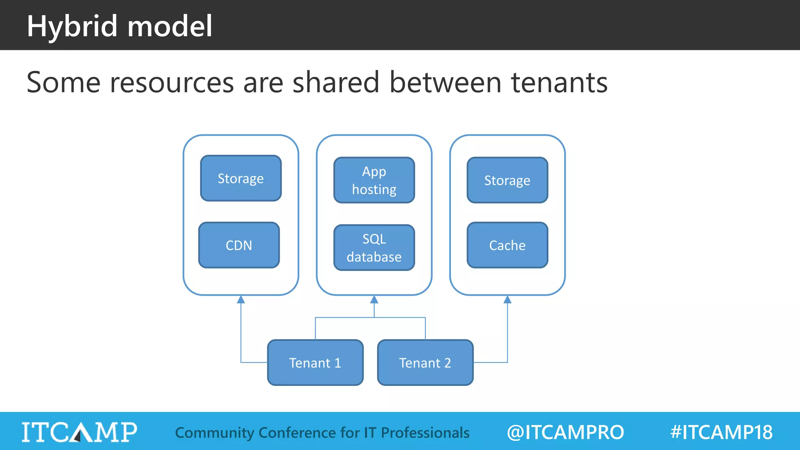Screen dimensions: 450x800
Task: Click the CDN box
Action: click(239, 245)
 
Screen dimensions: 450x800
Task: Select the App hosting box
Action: click(374, 180)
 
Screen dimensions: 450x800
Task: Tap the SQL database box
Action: click(374, 248)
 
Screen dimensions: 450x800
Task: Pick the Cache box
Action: click(507, 245)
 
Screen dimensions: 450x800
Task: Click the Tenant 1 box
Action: click(315, 363)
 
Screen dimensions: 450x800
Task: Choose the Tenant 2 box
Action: click(425, 363)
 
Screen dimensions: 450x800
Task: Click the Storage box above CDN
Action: click(241, 179)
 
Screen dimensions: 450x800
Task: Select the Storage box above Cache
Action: click(507, 180)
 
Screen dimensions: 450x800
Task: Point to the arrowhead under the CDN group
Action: click(241, 300)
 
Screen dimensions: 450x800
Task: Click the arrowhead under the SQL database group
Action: click(374, 300)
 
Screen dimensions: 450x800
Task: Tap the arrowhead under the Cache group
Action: click(507, 300)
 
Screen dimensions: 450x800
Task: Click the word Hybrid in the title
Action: click(72, 27)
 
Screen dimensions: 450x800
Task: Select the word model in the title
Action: click(170, 27)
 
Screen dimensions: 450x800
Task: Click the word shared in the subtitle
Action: click(336, 82)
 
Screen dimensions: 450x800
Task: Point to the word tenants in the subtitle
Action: click(559, 82)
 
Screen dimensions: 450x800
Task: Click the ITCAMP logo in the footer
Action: click(79, 432)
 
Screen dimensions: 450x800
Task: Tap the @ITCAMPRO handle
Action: click(565, 432)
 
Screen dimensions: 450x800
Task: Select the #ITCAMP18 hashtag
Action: click(721, 432)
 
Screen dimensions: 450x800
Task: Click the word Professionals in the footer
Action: click(425, 433)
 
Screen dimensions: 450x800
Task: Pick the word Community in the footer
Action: click(214, 433)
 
